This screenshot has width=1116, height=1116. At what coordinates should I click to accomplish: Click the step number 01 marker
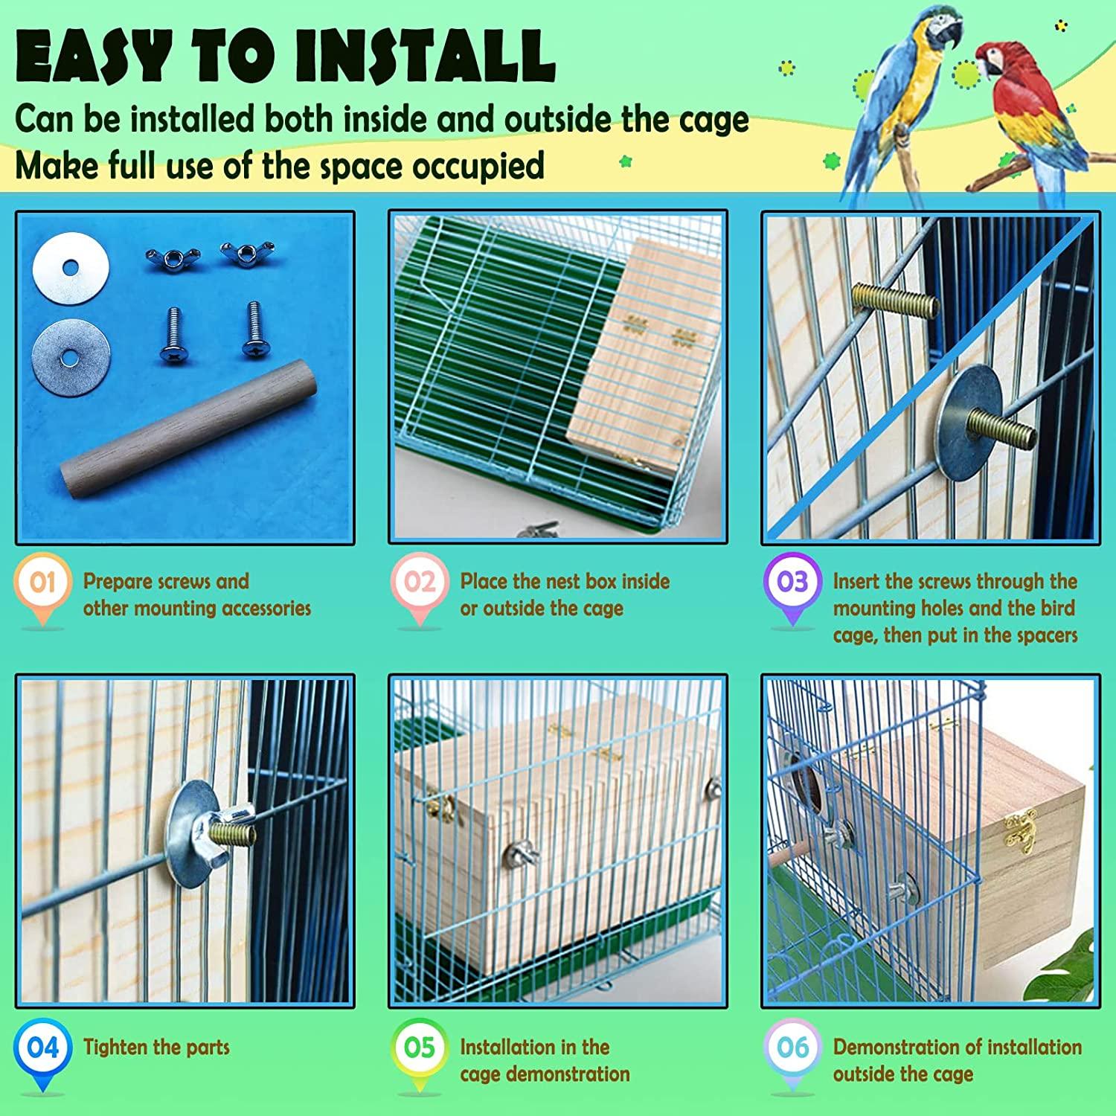(42, 582)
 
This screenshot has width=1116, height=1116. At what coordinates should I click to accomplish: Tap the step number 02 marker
(419, 582)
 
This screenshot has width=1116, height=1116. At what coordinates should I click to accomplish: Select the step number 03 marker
(792, 582)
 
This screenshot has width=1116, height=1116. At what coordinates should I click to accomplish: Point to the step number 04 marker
(42, 1048)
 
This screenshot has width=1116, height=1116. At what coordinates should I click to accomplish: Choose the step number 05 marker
(419, 1048)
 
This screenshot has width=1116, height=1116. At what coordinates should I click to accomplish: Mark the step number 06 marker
(792, 1048)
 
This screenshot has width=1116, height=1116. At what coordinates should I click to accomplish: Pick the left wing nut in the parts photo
(170, 257)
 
